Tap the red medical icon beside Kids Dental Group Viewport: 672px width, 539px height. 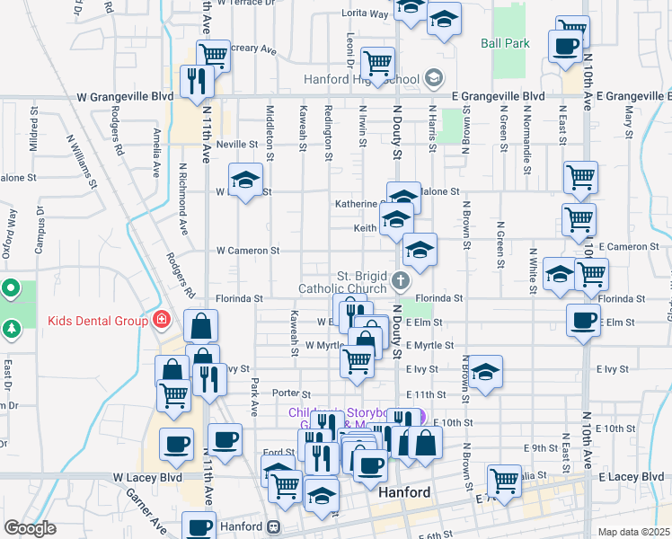tap(161, 319)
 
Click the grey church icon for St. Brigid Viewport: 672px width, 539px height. tap(401, 281)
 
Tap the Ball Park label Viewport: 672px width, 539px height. tap(505, 43)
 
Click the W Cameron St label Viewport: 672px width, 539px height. tap(247, 251)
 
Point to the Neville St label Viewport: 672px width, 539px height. tap(236, 144)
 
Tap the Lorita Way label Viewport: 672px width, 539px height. tap(365, 14)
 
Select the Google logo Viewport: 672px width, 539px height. tap(30, 528)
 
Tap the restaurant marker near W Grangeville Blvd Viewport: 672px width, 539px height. tap(195, 81)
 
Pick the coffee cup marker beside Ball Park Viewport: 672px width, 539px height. tap(565, 47)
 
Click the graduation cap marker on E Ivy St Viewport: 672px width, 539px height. tap(485, 373)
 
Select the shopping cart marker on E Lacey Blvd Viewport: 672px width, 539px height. tap(505, 481)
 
